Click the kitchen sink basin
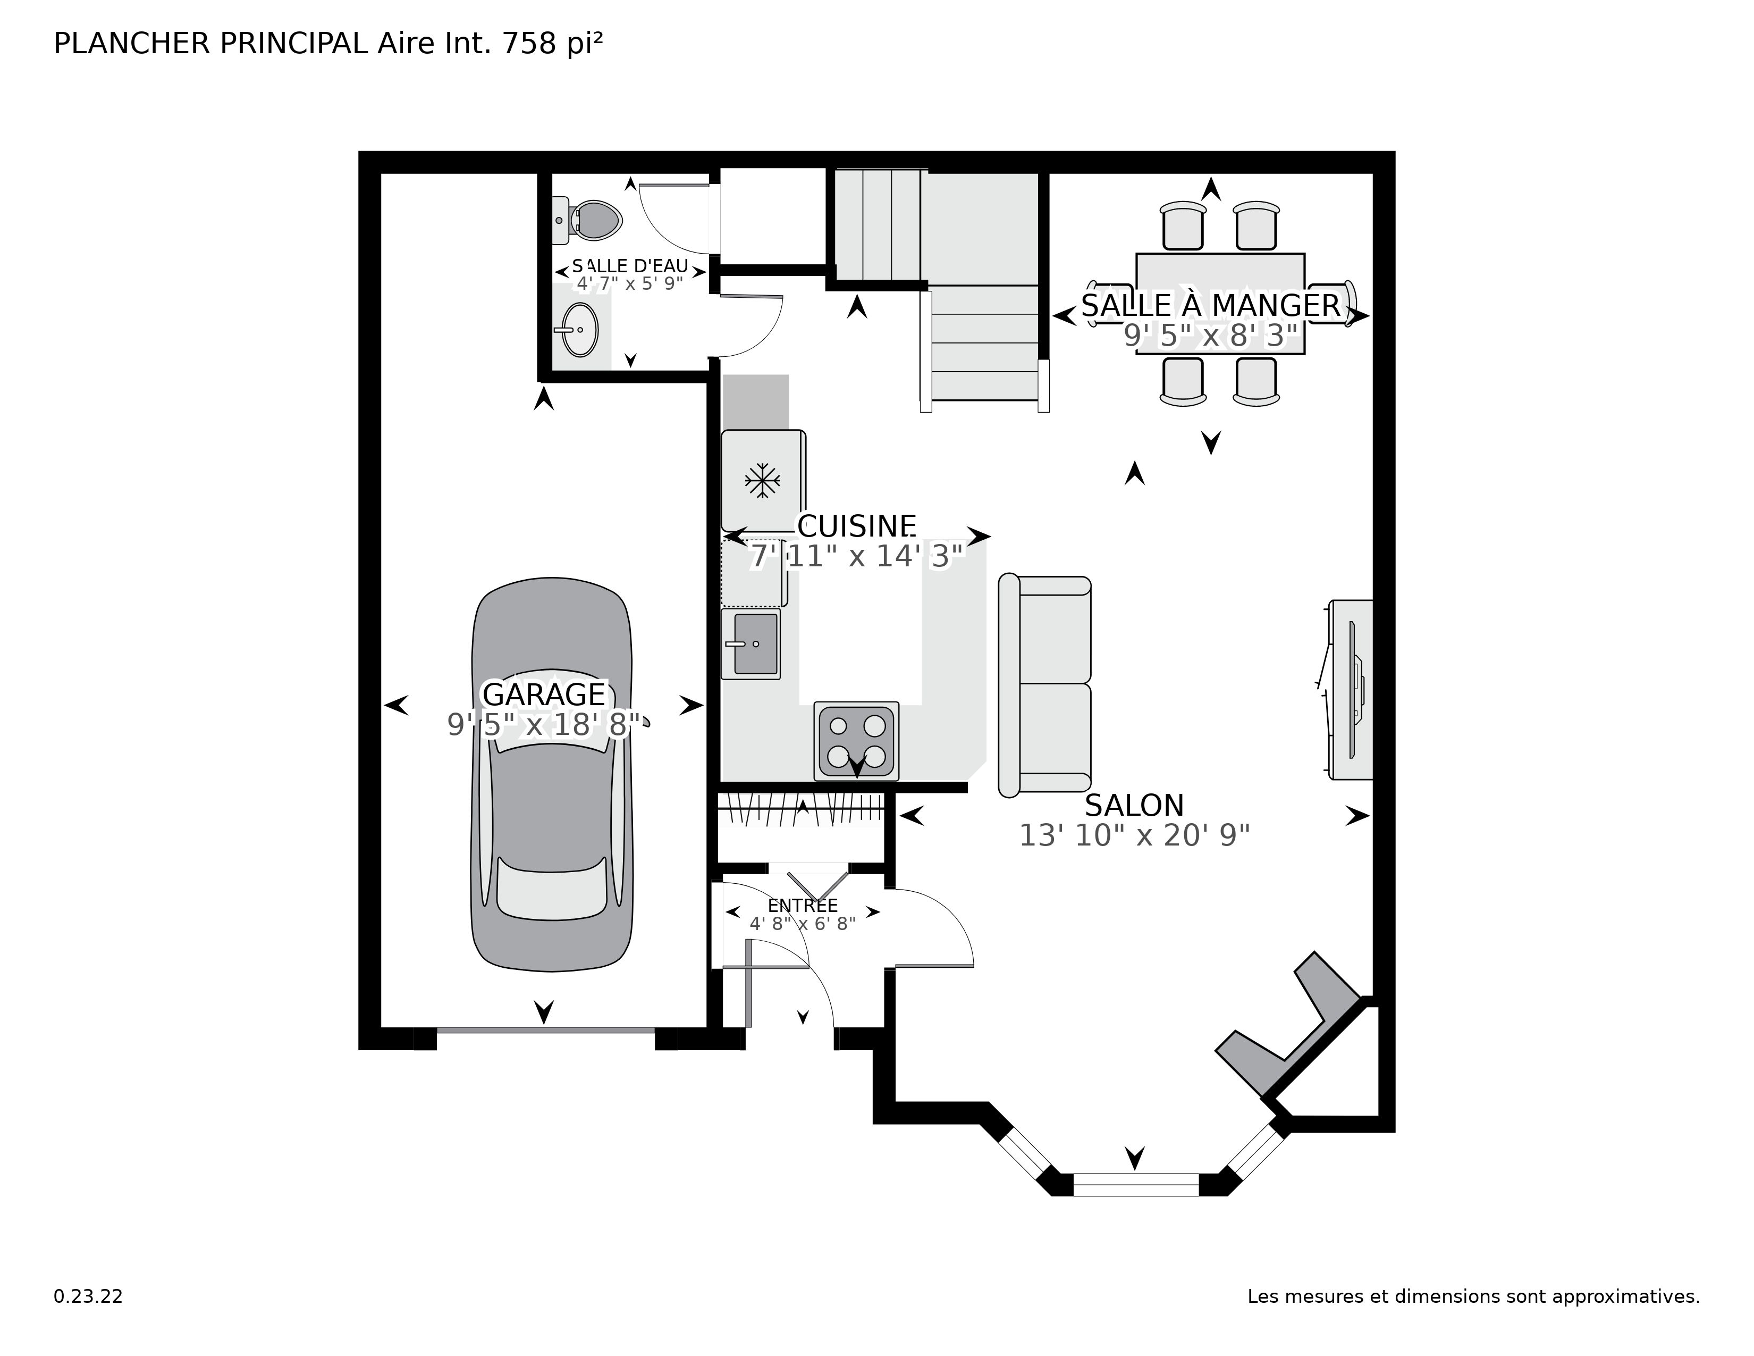(755, 643)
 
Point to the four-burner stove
(856, 740)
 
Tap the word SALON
(1134, 805)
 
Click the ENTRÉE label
(802, 906)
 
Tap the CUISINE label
(856, 526)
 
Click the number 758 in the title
(528, 44)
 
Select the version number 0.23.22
(88, 1296)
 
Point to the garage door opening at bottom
(545, 1030)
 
